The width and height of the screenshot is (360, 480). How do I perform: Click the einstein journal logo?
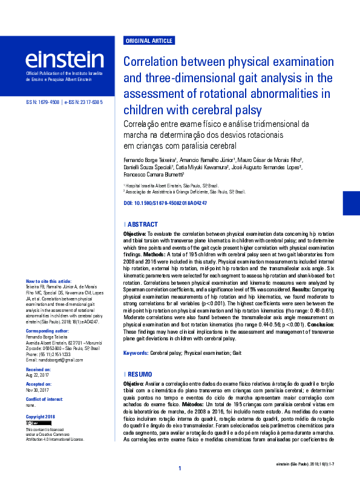(x=64, y=59)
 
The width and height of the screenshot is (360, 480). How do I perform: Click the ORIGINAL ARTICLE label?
(x=148, y=41)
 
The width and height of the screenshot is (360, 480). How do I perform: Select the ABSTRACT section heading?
(x=143, y=224)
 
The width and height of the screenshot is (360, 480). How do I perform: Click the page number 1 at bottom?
(x=180, y=469)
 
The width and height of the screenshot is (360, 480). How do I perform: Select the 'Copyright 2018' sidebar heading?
(x=41, y=417)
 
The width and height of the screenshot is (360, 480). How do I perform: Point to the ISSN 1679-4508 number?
(x=42, y=103)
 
